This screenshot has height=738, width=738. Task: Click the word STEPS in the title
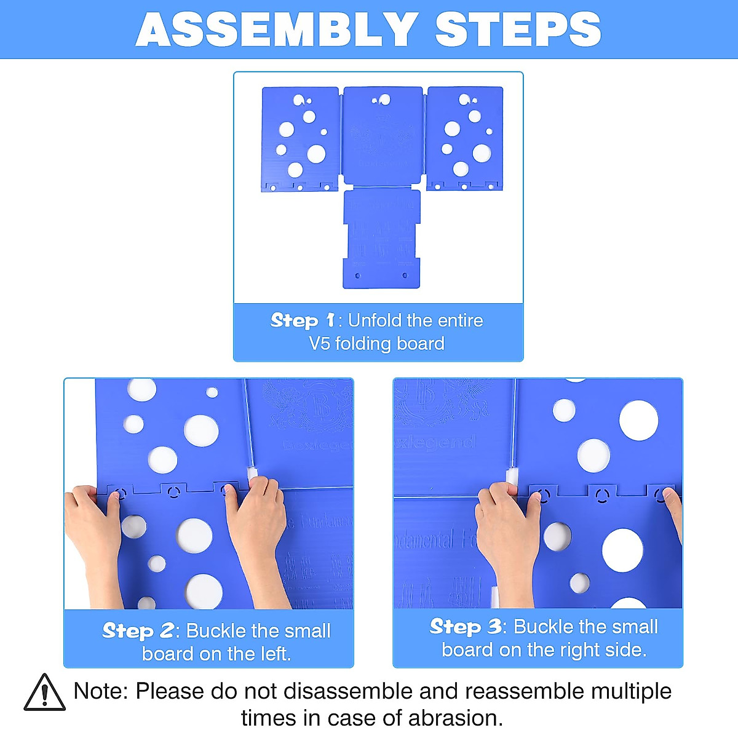pos(518,30)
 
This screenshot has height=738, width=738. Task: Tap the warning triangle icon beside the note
pos(44,693)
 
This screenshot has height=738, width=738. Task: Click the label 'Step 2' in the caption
pos(138,631)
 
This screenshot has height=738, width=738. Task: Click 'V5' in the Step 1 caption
pos(319,343)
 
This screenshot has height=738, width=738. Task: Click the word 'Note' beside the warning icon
pos(99,691)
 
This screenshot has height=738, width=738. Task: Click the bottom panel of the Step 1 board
pos(381,240)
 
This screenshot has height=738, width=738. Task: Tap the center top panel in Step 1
pos(383,135)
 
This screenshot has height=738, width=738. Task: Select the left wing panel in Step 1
pos(300,138)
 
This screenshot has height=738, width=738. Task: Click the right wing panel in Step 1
pos(465,138)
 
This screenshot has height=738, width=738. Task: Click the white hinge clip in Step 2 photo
pos(252,474)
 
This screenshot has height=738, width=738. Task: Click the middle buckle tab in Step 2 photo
pos(174,491)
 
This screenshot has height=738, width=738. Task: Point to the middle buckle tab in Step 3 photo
pos(602,493)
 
